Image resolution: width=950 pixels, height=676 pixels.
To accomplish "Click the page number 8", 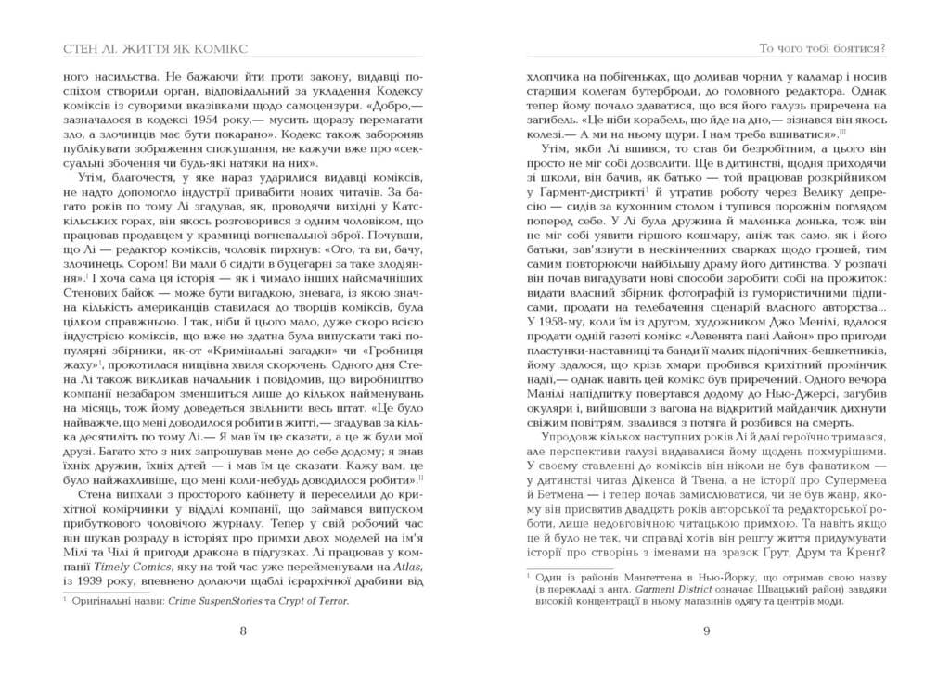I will (242, 632).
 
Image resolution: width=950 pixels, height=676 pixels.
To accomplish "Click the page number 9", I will (706, 632).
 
